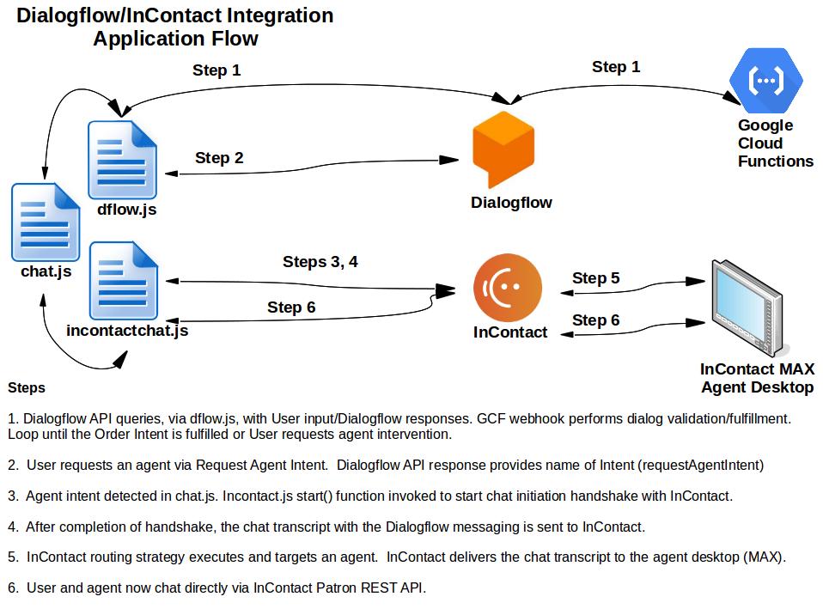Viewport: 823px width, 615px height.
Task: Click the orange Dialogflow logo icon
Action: click(x=503, y=149)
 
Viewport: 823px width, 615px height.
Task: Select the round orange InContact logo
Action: click(x=509, y=289)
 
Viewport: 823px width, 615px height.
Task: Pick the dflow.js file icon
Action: click(x=123, y=161)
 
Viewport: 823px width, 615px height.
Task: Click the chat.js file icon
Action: click(x=45, y=221)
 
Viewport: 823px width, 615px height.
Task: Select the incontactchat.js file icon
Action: click(x=124, y=281)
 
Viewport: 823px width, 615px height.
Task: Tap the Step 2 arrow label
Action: click(x=219, y=158)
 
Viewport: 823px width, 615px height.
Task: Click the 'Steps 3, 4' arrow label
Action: click(x=320, y=262)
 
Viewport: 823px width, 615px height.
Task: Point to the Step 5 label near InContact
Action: click(x=595, y=278)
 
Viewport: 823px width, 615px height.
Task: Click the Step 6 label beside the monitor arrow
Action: click(x=595, y=320)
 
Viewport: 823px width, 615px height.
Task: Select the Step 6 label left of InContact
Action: click(x=291, y=307)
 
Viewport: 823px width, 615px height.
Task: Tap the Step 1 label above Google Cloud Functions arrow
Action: click(x=616, y=67)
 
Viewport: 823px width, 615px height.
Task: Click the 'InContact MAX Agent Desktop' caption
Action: click(x=757, y=378)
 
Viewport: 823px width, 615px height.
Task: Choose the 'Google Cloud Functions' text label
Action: click(x=774, y=143)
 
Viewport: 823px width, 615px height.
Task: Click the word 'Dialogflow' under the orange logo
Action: click(x=511, y=203)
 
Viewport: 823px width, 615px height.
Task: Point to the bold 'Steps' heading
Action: click(x=27, y=387)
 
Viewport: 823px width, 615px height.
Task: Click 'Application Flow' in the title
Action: click(x=175, y=39)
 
